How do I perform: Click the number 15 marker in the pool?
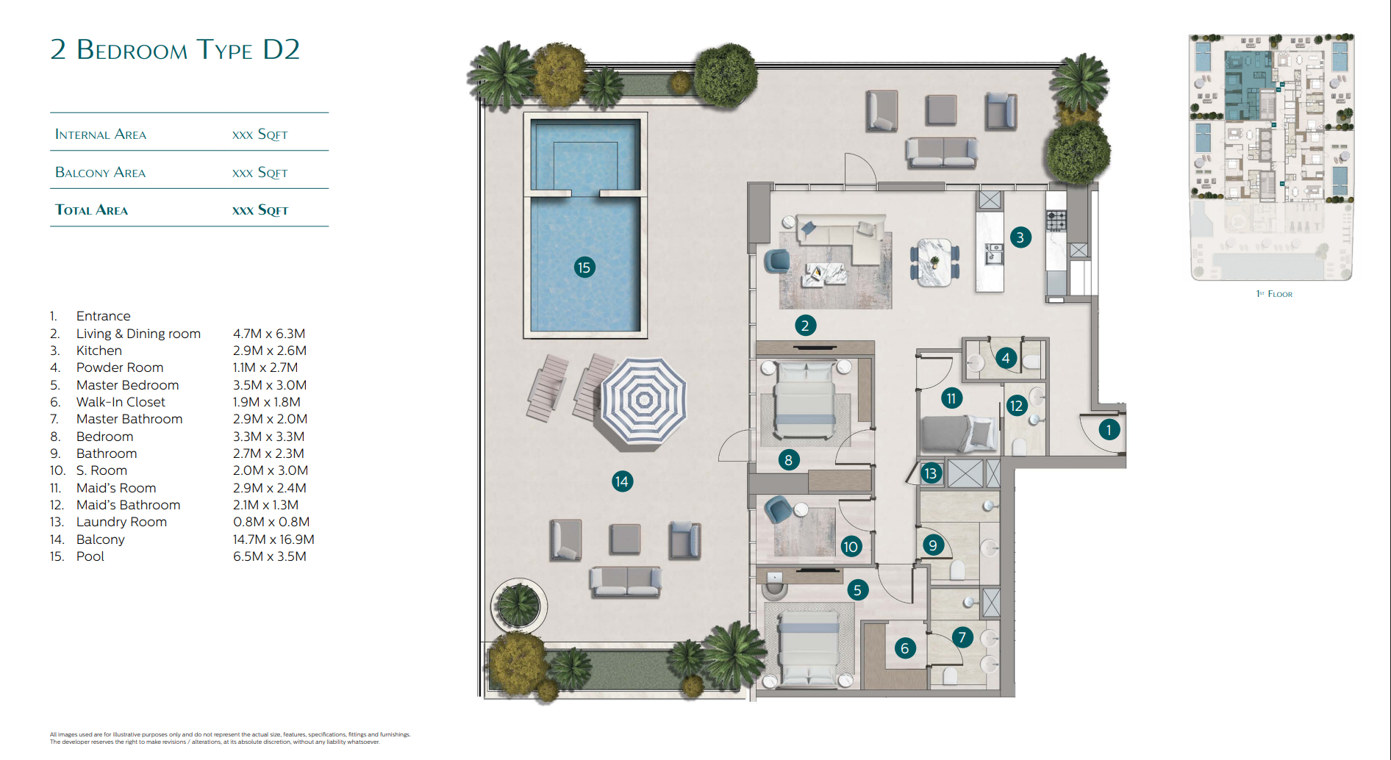[584, 268]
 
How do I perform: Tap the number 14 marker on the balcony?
[622, 481]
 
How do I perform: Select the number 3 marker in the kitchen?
[1020, 237]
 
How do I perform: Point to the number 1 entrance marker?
[1109, 430]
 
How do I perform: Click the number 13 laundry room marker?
[931, 473]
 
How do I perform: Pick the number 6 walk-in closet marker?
[905, 648]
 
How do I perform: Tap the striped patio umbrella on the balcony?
[644, 400]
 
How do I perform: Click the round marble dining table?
[934, 262]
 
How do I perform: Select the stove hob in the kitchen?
[1056, 220]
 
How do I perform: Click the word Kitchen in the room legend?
[99, 351]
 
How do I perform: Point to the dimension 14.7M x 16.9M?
[273, 539]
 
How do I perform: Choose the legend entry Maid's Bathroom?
[129, 505]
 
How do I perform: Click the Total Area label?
[91, 210]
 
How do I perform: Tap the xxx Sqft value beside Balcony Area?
[260, 173]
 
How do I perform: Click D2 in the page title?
[282, 49]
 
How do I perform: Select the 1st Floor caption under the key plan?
[1274, 294]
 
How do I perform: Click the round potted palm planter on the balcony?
[518, 606]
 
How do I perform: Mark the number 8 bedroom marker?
[788, 460]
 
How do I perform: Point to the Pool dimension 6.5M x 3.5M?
[270, 556]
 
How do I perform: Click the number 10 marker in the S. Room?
[851, 546]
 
